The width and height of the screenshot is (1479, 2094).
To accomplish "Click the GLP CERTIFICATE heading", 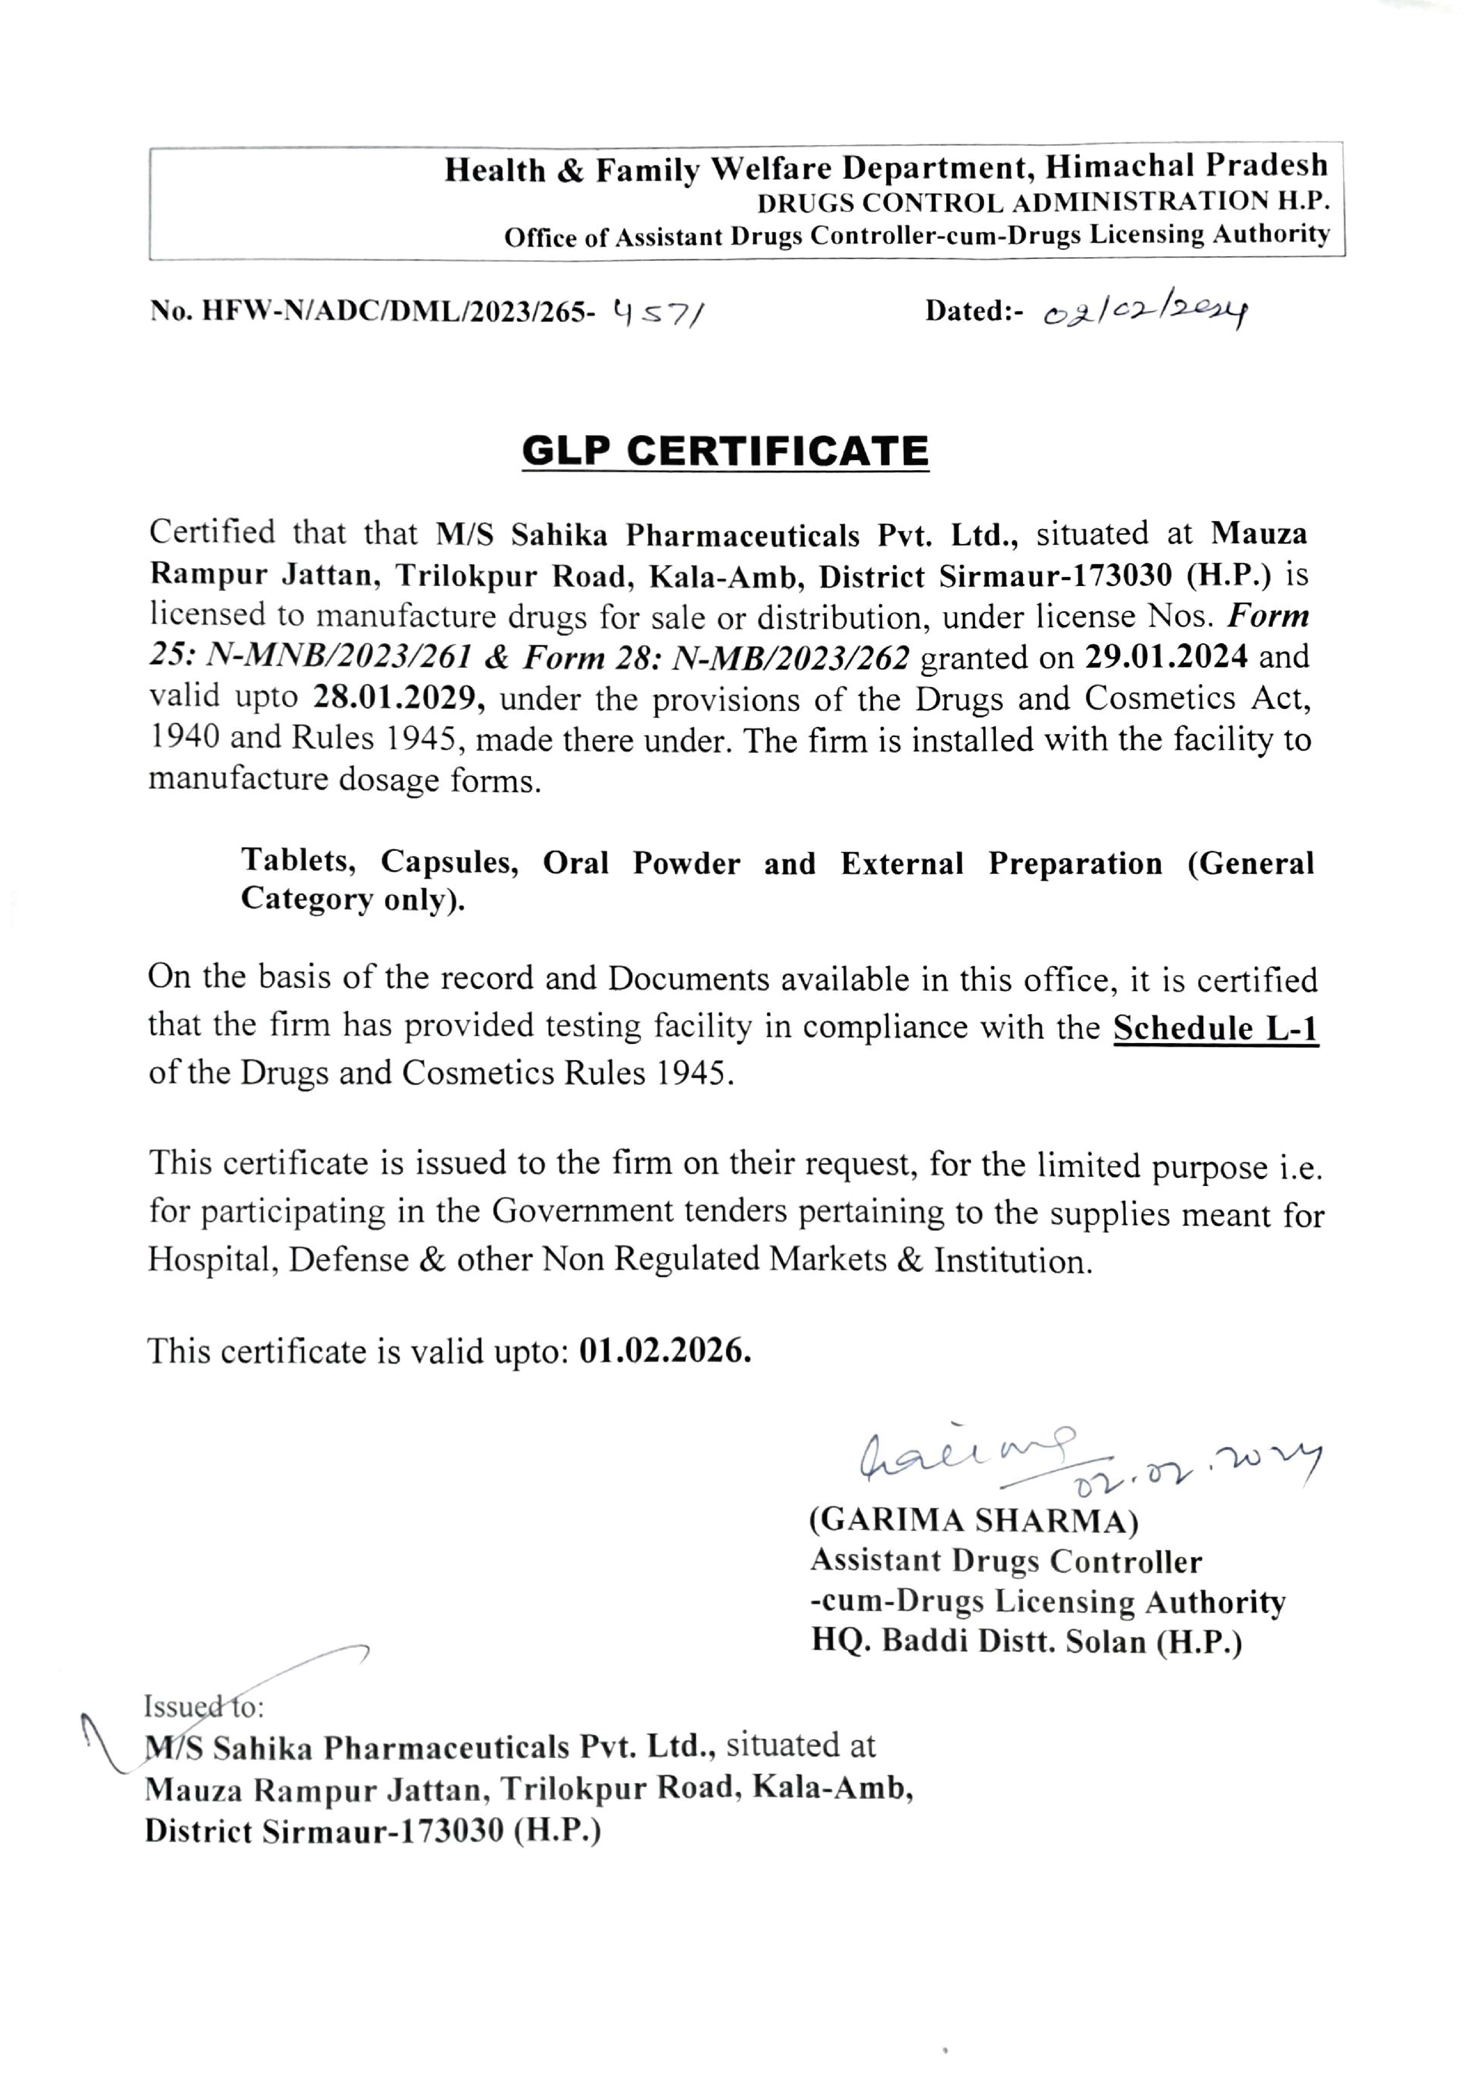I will (x=725, y=451).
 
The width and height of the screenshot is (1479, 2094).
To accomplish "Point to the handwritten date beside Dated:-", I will (x=1144, y=313).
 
